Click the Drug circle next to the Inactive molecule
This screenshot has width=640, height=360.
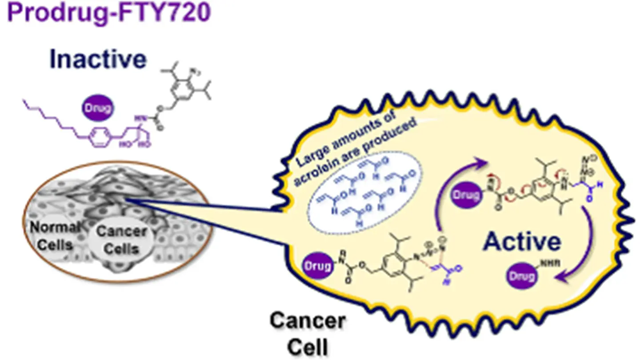coord(98,108)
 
